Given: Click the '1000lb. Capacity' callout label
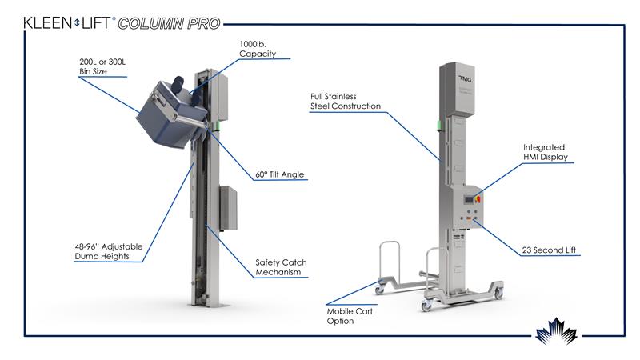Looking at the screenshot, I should tap(259, 48).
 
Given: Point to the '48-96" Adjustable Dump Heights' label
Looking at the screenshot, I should tap(103, 252).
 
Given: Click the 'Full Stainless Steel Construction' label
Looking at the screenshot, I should tap(346, 101).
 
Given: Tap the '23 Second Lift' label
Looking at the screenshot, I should tap(550, 251).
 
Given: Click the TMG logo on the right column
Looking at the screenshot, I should tap(465, 78).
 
